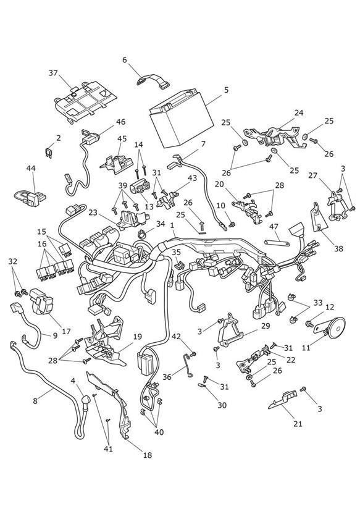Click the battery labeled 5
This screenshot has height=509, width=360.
(181, 118)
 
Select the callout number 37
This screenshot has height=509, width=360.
(53, 73)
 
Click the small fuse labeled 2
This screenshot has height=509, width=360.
(48, 153)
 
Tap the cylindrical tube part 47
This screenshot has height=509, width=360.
(277, 243)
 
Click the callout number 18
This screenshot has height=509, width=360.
(148, 455)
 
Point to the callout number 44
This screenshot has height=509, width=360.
(31, 168)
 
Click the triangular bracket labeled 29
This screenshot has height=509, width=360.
(230, 329)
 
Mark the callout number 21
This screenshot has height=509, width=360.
(298, 424)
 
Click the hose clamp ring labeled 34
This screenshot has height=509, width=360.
(142, 233)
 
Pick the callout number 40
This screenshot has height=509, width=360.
(159, 432)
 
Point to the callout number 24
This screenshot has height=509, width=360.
(299, 112)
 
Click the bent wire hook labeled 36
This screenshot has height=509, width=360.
(187, 366)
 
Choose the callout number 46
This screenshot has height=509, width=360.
(120, 122)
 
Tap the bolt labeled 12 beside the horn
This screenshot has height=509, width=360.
(309, 324)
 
